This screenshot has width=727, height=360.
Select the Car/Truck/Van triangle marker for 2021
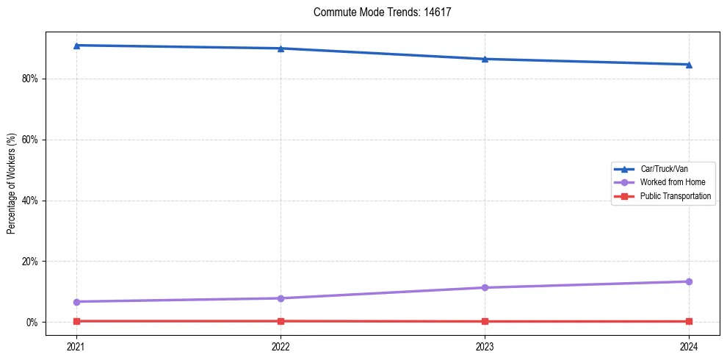[76, 46]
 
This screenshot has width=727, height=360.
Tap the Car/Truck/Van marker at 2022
[281, 48]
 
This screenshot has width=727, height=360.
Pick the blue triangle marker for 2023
[485, 59]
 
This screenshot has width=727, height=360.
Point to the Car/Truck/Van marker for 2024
[689, 65]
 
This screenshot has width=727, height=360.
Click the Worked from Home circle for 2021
[76, 302]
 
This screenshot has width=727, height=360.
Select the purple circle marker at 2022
[281, 298]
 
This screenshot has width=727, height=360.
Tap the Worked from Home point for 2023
[485, 287]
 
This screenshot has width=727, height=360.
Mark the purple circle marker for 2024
[689, 281]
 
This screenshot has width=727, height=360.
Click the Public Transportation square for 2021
[76, 321]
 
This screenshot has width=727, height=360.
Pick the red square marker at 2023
[485, 322]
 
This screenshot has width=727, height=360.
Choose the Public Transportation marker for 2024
[689, 322]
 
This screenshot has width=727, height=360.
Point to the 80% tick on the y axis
[31, 79]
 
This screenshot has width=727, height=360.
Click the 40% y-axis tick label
[31, 201]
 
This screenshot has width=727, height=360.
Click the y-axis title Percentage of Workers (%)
[12, 184]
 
